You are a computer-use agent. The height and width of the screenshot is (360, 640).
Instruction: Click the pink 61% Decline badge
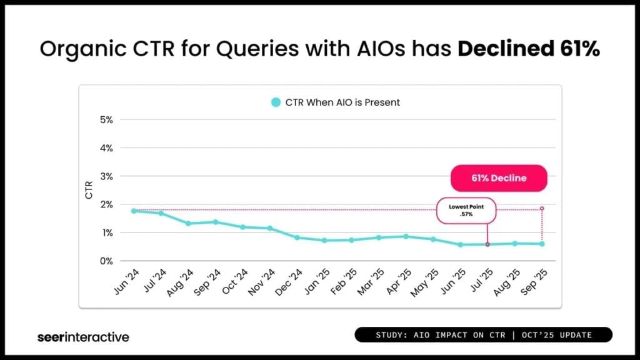[499, 178]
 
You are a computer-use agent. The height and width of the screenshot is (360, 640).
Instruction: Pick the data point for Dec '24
[297, 237]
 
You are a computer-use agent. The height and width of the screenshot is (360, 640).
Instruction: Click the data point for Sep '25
[542, 244]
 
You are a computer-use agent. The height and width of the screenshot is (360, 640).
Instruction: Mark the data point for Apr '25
[406, 236]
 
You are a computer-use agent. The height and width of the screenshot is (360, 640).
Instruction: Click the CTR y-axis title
[89, 190]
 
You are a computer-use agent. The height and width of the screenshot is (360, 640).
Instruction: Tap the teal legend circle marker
[275, 102]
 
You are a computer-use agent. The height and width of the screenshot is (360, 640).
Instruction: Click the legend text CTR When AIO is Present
[342, 102]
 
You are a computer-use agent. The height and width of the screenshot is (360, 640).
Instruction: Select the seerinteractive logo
[83, 337]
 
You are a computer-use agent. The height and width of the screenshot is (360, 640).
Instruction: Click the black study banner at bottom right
[483, 335]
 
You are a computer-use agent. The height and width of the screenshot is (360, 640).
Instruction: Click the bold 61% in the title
[576, 49]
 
